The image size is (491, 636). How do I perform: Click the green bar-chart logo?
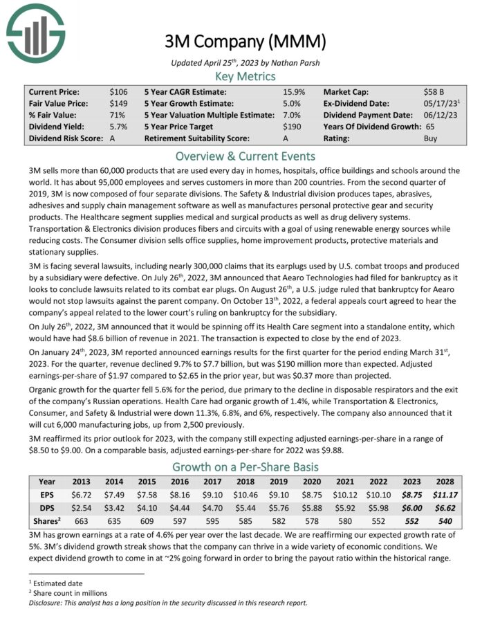point(35,32)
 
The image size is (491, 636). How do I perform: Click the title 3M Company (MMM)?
point(245,42)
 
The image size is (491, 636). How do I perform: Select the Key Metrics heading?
point(245,76)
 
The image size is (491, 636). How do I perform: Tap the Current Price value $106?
point(118,91)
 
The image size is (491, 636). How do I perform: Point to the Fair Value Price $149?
point(118,103)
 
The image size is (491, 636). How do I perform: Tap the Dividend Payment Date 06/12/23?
point(440,115)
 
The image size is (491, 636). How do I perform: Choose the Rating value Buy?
point(431,138)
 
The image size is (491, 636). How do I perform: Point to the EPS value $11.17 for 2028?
point(444,495)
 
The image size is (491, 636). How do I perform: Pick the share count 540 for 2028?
point(444,521)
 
